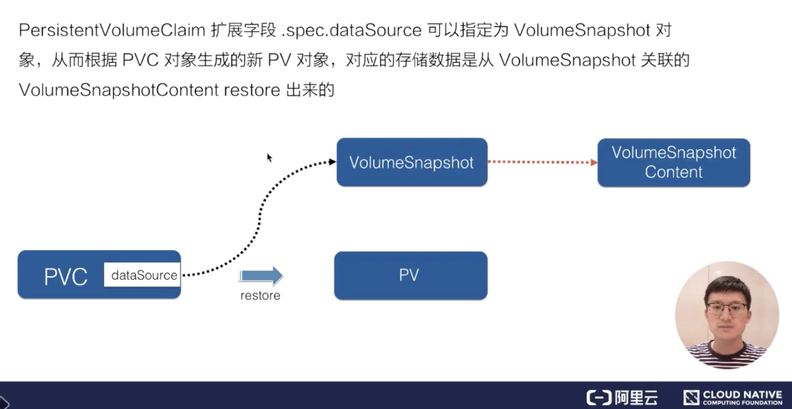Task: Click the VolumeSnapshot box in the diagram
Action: tap(412, 162)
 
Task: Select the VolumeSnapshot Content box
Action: tap(674, 162)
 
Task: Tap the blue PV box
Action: tap(410, 275)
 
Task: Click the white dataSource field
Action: tap(143, 275)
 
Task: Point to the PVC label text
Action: tap(66, 276)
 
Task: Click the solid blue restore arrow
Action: tap(261, 275)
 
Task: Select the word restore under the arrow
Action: tap(260, 296)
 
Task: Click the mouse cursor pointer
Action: tap(269, 157)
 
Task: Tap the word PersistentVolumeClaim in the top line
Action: tap(112, 30)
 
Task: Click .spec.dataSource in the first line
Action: tap(351, 30)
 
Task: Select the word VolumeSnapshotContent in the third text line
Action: tap(119, 90)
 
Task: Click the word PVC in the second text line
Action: tap(141, 60)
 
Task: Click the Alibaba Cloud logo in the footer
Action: tap(622, 397)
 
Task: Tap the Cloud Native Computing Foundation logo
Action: tap(733, 397)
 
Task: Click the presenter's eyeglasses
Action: tap(726, 308)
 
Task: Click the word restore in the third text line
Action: tap(252, 90)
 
